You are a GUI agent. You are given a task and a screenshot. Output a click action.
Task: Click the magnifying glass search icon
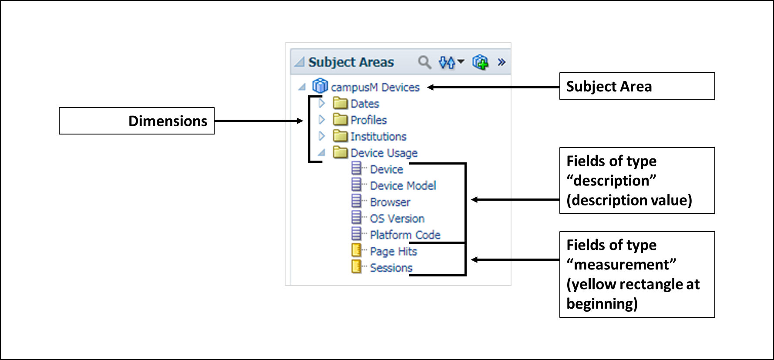(x=424, y=62)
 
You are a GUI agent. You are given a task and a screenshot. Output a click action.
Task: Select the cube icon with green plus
(x=481, y=62)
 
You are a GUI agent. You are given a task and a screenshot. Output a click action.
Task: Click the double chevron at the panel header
(x=501, y=62)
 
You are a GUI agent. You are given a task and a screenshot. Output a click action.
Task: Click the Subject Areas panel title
(x=351, y=62)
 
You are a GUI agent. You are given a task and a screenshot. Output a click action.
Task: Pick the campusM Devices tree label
(x=375, y=87)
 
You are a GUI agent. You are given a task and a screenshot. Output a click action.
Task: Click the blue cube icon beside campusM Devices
(x=320, y=86)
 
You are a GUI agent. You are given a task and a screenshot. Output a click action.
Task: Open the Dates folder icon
(x=340, y=103)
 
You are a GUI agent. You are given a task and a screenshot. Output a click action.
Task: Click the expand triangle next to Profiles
(x=322, y=120)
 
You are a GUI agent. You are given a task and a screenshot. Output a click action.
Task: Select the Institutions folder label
(x=378, y=137)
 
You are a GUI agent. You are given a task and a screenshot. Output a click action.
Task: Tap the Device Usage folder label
(x=384, y=153)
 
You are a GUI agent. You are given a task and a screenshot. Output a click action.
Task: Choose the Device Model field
(x=403, y=186)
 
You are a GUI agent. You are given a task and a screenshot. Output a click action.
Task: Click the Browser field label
(x=390, y=202)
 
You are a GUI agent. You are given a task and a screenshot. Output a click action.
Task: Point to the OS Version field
(x=397, y=219)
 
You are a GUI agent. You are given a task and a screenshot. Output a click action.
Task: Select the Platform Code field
(x=405, y=235)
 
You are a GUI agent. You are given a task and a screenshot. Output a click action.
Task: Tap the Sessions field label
(x=391, y=268)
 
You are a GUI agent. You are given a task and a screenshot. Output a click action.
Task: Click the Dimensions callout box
(x=137, y=121)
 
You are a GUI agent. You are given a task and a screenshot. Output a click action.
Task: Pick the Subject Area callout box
(x=637, y=86)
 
